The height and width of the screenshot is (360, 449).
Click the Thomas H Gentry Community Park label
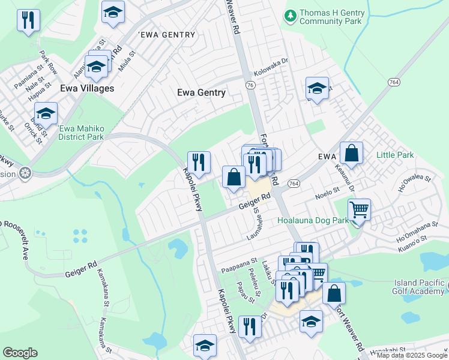pos(330,17)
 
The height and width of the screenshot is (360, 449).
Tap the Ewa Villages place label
pos(87,88)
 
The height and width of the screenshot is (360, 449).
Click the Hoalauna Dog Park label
pos(313,221)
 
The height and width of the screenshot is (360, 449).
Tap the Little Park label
pos(394,155)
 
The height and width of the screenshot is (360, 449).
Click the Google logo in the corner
pos(20,353)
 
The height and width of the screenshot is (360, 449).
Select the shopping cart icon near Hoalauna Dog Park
pos(359,210)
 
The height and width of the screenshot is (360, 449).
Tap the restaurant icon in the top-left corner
pos(28,21)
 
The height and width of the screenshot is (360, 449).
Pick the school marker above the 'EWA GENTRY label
pos(112,13)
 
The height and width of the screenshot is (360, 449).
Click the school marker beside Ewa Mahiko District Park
pos(46,113)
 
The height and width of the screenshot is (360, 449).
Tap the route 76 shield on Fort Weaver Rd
pos(250,86)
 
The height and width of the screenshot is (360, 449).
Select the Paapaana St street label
pos(238,269)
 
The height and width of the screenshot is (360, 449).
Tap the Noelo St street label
pos(328,194)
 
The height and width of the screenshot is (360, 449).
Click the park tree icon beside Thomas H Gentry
pos(291,14)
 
